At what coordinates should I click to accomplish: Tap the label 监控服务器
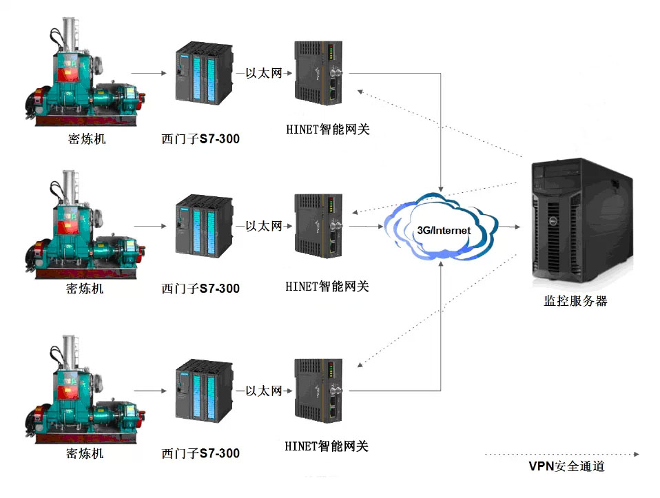coord(576,301)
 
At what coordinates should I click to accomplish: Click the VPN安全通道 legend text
coord(566,466)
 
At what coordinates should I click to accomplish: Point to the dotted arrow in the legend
coord(562,454)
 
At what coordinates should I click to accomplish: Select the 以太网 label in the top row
coord(264,73)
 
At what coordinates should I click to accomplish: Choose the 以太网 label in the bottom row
coord(264,391)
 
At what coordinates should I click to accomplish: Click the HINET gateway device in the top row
coord(318,72)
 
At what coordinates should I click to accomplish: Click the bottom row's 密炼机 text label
coord(85,453)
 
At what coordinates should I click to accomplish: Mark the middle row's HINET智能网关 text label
coord(327,287)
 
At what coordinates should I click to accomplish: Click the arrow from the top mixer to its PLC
coord(149,73)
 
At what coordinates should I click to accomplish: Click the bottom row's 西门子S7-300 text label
coord(200,453)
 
